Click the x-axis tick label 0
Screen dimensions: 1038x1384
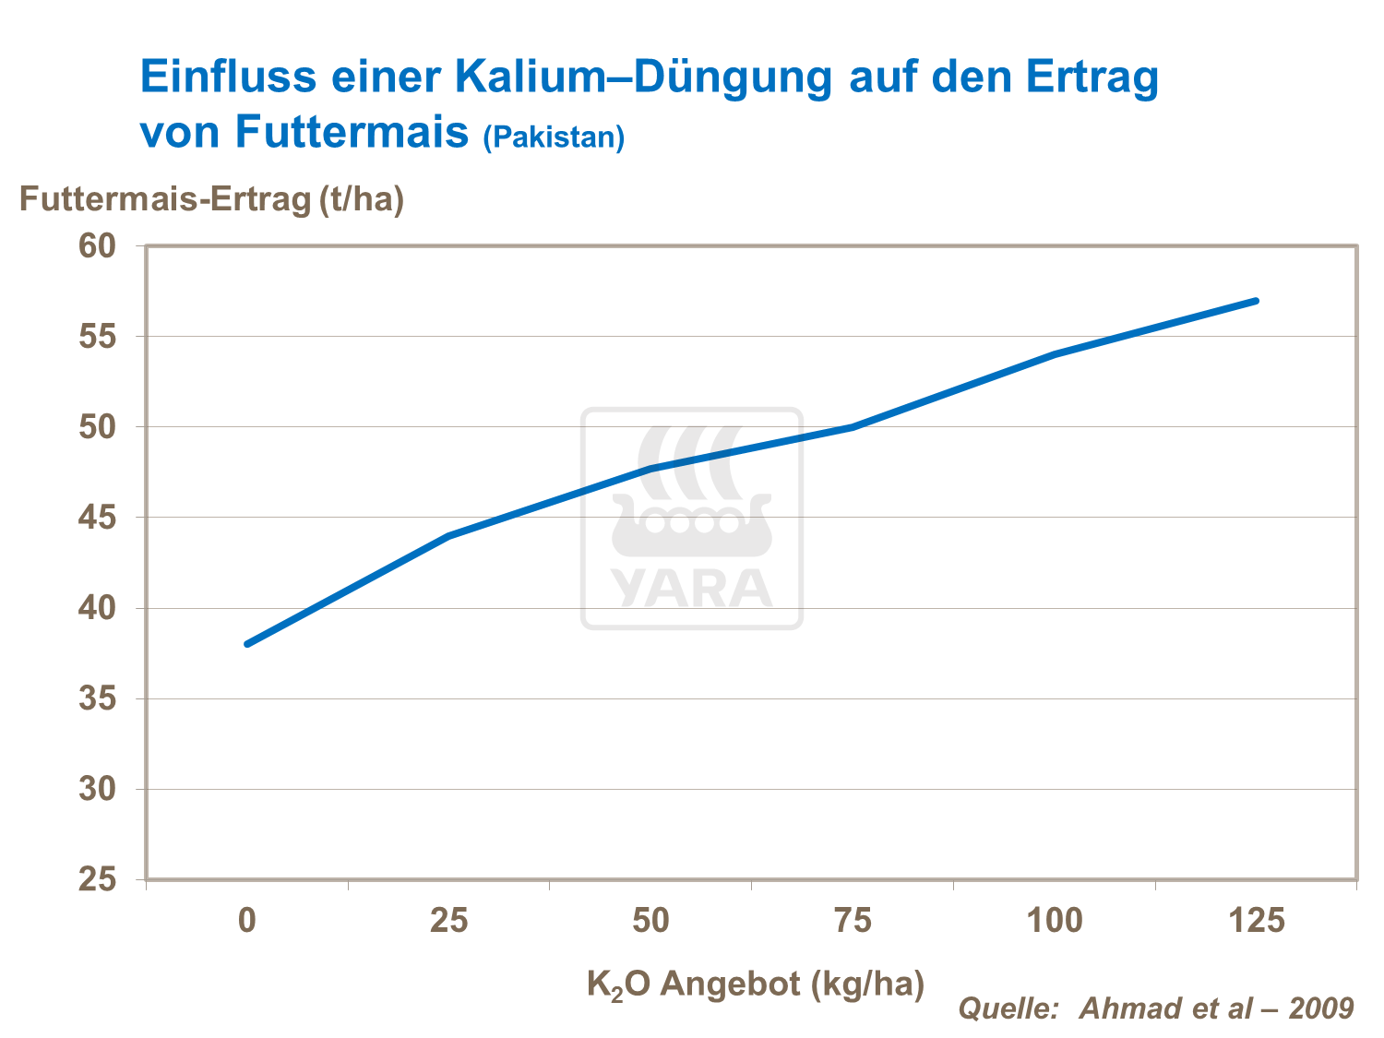246,921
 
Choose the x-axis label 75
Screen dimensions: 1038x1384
853,921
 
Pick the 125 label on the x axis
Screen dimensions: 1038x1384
1256,921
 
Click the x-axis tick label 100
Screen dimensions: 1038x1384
1055,921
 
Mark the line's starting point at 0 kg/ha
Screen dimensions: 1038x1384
247,644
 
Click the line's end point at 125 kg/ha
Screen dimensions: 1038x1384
1256,301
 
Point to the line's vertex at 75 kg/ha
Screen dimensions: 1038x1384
853,427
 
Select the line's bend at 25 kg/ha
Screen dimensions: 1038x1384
449,535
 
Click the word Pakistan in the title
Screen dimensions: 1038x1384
554,137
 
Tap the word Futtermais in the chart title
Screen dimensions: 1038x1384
352,131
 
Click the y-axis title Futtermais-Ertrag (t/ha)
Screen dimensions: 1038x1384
212,199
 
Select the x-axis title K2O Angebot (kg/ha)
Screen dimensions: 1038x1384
755,984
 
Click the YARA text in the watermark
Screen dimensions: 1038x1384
691,588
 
